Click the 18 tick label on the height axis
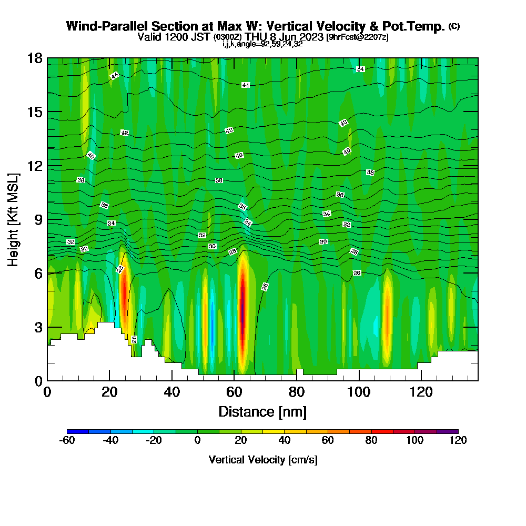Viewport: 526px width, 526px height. (x=35, y=58)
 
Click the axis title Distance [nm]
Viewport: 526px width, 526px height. (x=262, y=411)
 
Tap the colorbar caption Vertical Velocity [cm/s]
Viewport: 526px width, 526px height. (x=262, y=460)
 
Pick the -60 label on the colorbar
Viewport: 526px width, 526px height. (x=67, y=440)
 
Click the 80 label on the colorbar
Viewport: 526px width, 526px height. (x=371, y=440)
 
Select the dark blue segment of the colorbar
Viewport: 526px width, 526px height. (x=78, y=431)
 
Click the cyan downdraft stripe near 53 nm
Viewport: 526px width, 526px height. (x=212, y=321)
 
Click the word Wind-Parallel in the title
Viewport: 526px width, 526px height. (x=101, y=26)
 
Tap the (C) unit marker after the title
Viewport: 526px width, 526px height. (x=454, y=26)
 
